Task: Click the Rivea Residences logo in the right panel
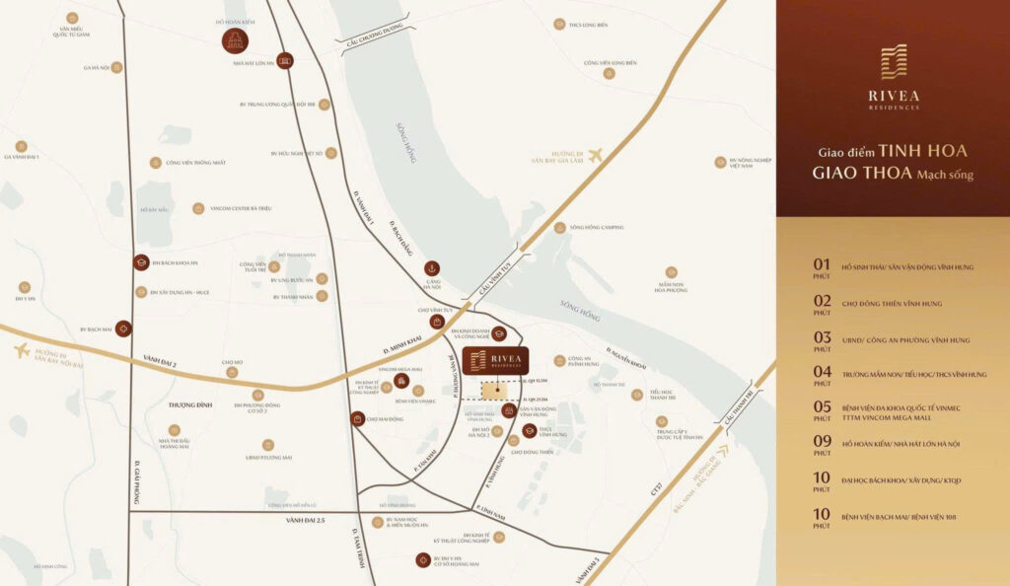coord(893,75)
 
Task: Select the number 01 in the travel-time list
coord(822,264)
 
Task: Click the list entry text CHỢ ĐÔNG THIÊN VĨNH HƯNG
coord(892,303)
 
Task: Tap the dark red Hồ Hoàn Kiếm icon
coord(235,40)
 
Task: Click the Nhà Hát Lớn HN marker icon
coord(285,60)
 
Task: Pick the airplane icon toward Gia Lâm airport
coord(594,155)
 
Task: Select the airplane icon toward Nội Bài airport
coord(22,350)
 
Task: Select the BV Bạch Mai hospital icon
coord(122,329)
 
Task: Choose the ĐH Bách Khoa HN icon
coord(141,262)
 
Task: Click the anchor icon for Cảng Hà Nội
coord(431,267)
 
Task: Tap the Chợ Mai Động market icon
coord(357,419)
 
